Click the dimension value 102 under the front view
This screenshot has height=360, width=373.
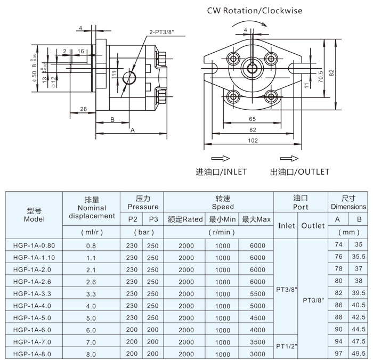click(253, 141)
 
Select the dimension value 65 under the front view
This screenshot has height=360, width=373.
click(253, 119)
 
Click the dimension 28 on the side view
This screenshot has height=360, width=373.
click(83, 109)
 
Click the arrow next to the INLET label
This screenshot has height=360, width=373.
click(218, 159)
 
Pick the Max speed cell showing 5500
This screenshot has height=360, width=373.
click(256, 293)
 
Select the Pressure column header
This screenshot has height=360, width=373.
click(142, 202)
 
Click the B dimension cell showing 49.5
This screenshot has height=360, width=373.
click(359, 354)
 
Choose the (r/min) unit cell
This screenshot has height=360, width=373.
click(218, 232)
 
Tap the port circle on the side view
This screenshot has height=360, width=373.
click(129, 79)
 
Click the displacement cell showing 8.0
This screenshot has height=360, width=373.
click(92, 354)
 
